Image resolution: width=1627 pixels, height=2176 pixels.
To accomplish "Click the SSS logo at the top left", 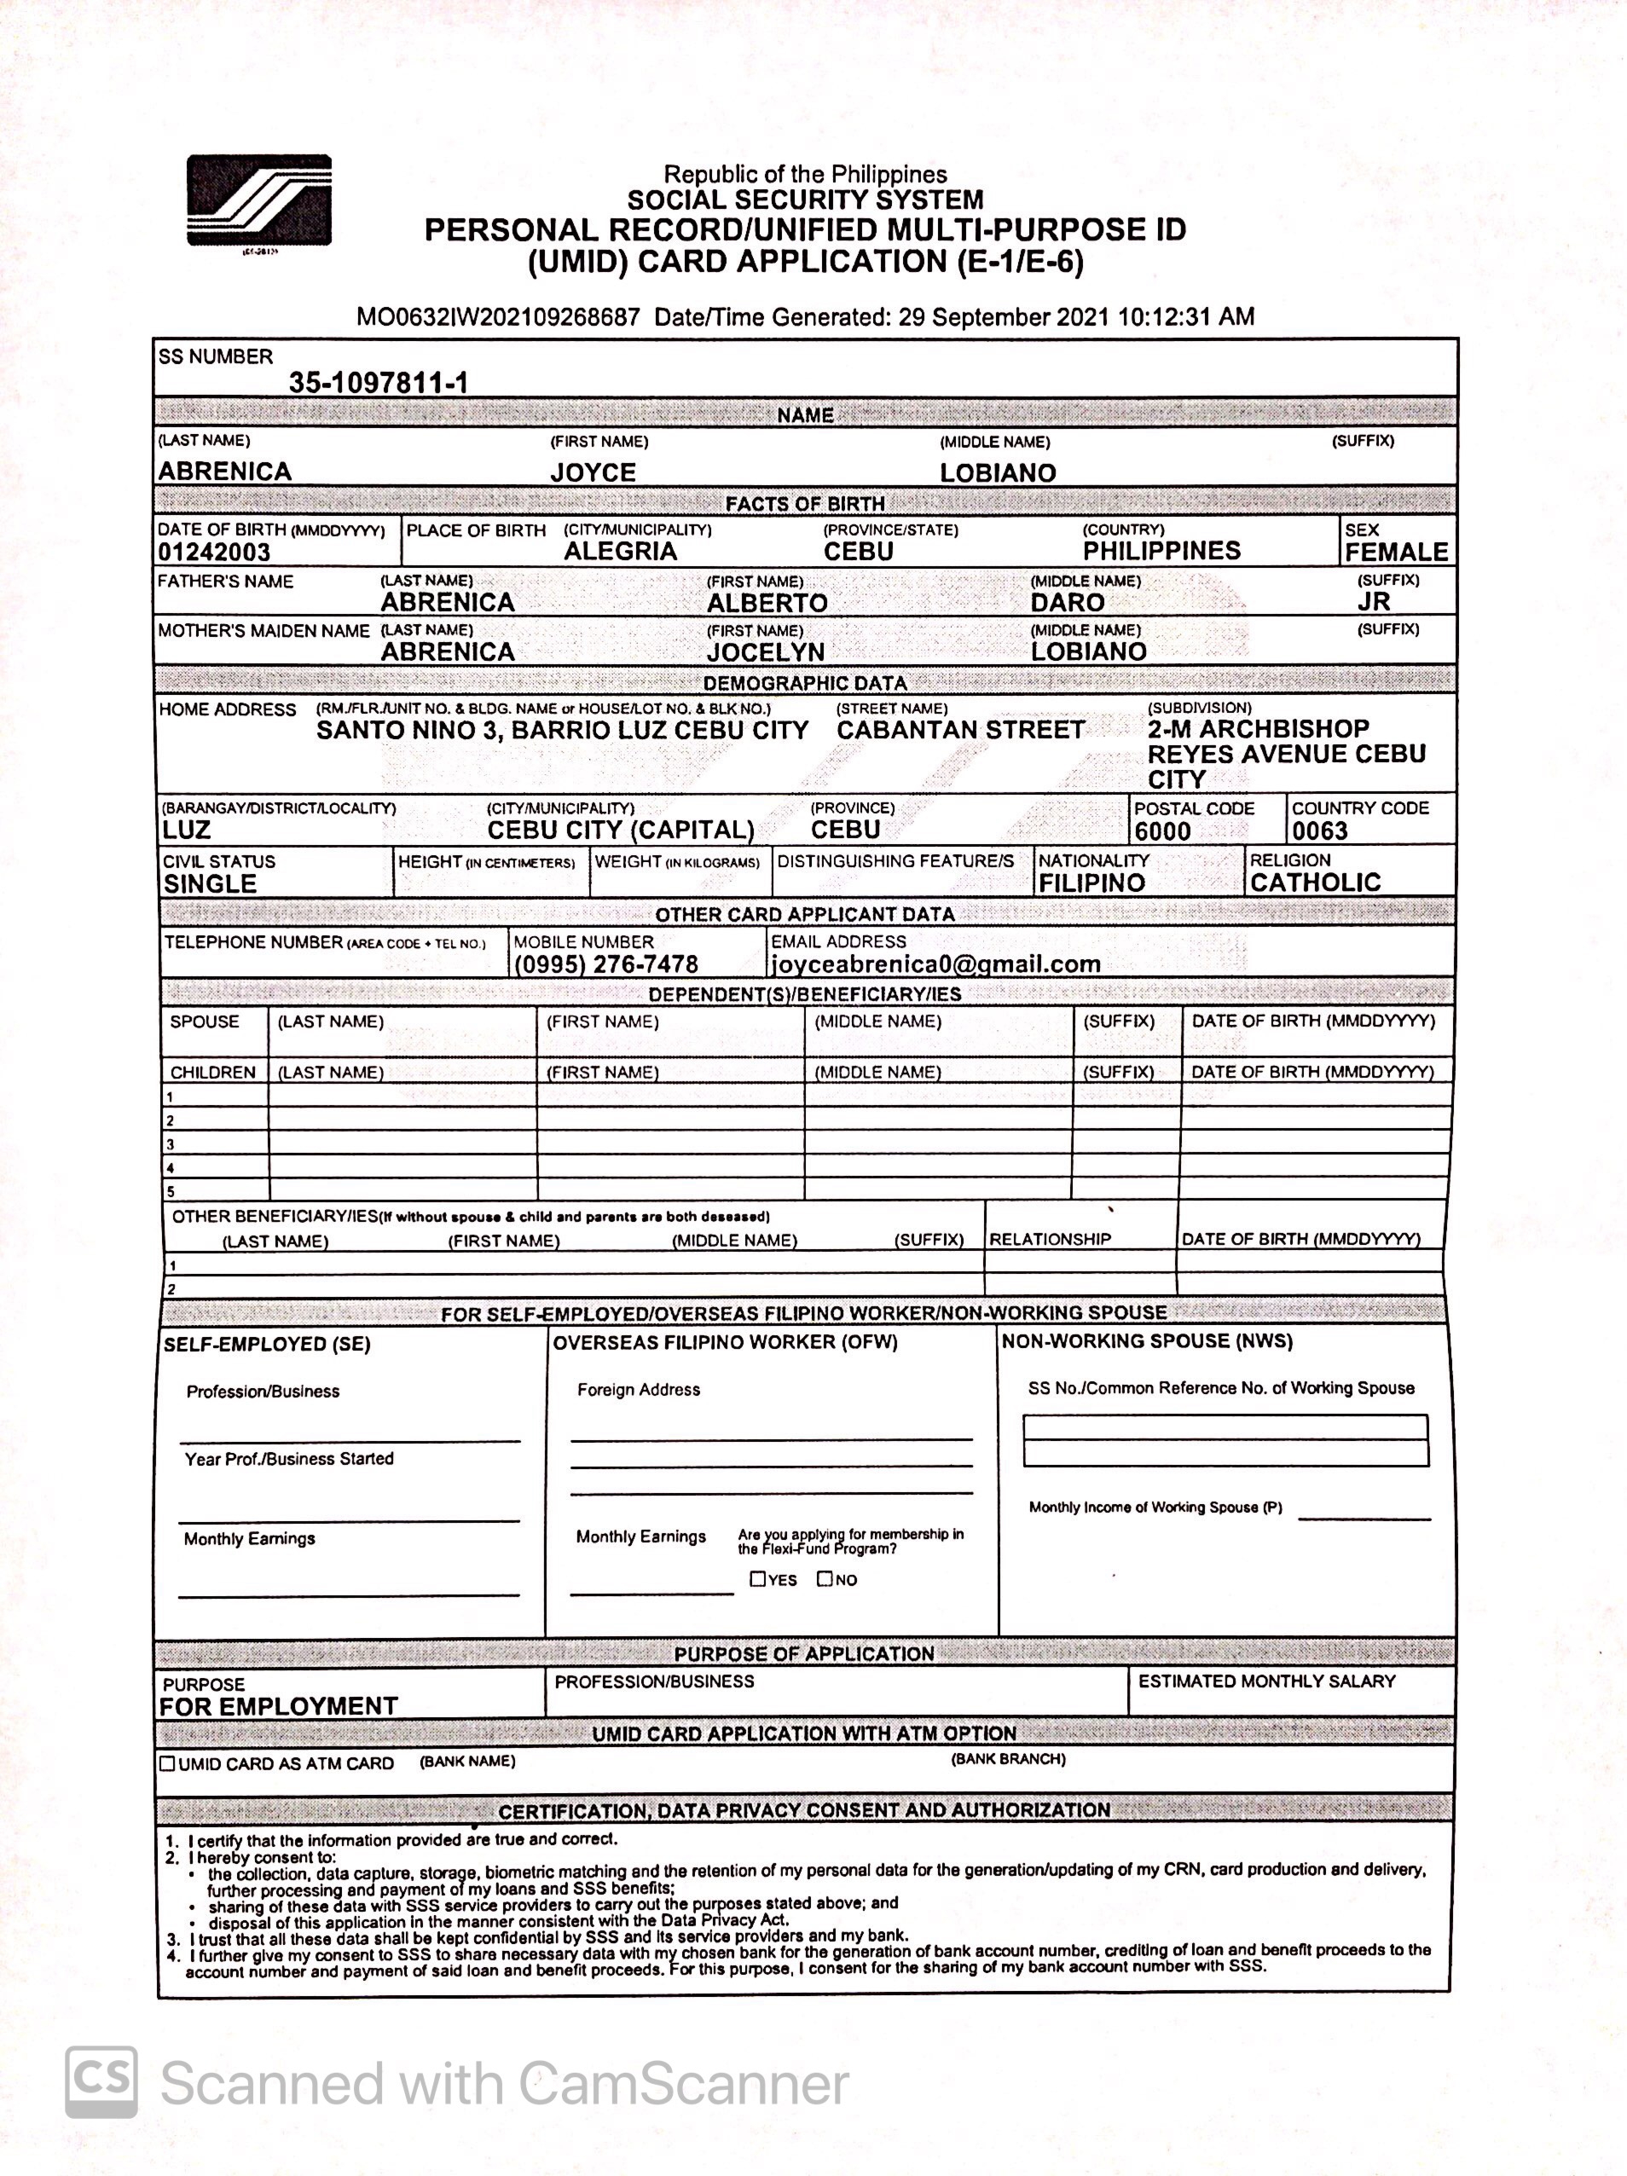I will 258,200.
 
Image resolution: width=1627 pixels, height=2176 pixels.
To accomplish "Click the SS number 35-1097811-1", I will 378,383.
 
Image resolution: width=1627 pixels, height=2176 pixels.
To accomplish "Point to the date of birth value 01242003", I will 213,552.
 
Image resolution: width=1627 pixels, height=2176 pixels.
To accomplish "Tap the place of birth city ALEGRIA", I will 620,551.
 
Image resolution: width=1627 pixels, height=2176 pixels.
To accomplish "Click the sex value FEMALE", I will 1396,552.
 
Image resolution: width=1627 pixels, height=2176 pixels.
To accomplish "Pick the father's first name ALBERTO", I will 767,603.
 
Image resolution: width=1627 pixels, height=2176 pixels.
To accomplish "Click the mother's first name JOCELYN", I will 765,652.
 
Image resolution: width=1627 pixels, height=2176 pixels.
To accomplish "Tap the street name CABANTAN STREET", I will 960,730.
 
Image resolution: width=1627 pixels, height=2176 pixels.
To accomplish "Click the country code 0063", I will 1319,831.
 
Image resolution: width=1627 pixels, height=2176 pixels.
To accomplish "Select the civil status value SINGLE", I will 210,883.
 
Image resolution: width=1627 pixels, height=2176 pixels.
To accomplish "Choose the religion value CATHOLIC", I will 1315,883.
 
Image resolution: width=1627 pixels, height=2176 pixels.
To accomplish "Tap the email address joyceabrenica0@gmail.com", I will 935,964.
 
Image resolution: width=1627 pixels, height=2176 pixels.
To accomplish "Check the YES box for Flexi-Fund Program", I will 757,1579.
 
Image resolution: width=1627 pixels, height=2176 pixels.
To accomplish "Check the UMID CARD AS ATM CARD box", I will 167,1764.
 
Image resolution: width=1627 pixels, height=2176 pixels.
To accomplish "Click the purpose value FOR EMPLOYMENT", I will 278,1707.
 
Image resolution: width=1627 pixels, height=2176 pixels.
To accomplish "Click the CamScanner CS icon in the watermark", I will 101,2081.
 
